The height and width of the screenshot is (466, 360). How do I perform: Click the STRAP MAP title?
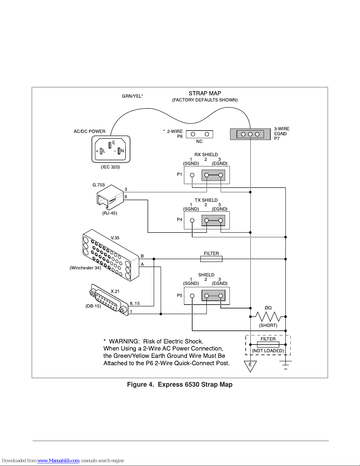coord(205,93)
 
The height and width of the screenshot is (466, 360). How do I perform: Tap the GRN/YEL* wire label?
coord(132,96)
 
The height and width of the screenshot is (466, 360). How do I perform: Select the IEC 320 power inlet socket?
coord(111,149)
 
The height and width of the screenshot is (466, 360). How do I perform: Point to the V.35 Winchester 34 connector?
coord(111,255)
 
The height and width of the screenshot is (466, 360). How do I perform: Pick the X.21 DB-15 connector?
coord(109,300)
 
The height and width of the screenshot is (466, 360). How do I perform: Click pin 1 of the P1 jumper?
coord(192,175)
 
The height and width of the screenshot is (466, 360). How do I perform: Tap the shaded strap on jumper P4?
coord(213,221)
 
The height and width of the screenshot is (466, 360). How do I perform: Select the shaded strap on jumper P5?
coord(213,296)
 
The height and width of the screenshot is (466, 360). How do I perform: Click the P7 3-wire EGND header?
coord(250,134)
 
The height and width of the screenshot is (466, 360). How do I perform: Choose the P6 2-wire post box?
coord(200,134)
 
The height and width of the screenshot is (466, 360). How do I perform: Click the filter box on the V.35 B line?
coord(211,259)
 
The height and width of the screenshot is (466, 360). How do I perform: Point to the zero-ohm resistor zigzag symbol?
coord(268,317)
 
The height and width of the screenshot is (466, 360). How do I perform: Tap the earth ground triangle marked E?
coord(250,366)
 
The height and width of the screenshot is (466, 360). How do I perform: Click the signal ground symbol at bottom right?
coord(285,365)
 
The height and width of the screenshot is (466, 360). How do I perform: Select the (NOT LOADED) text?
coord(268,351)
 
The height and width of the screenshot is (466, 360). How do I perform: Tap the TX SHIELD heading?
coord(206,200)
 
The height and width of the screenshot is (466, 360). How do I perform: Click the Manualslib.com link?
coord(58,461)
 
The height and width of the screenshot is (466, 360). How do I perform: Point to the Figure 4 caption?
coord(180,385)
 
